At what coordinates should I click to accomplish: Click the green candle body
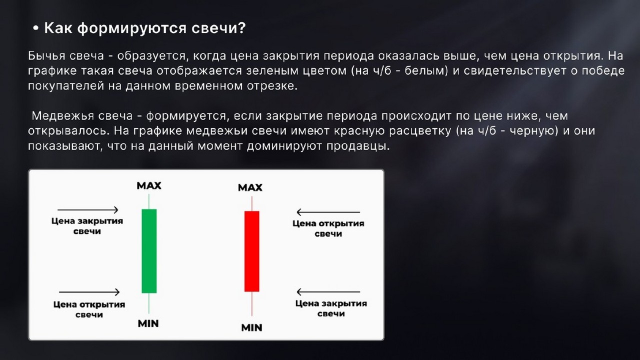[x=149, y=250]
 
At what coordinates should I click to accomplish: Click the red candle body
[x=251, y=251]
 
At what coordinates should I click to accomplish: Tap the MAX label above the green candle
[x=149, y=186]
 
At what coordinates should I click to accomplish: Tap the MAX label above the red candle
[x=250, y=188]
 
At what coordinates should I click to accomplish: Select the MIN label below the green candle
[x=148, y=323]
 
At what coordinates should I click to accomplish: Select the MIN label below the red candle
[x=251, y=328]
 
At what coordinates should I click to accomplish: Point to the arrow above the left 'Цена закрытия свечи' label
[x=88, y=210]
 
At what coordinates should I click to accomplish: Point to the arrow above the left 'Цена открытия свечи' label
[x=89, y=292]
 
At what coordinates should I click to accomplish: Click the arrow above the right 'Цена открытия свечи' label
[x=328, y=212]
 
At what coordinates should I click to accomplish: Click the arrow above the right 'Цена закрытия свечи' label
[x=328, y=291]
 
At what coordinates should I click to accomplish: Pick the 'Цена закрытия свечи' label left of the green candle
[x=87, y=225]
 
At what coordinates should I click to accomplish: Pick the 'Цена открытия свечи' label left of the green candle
[x=89, y=309]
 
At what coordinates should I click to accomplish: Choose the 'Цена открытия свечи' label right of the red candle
[x=328, y=228]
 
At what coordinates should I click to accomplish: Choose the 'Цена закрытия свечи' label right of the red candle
[x=331, y=308]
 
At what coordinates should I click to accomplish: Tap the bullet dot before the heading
[x=35, y=29]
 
